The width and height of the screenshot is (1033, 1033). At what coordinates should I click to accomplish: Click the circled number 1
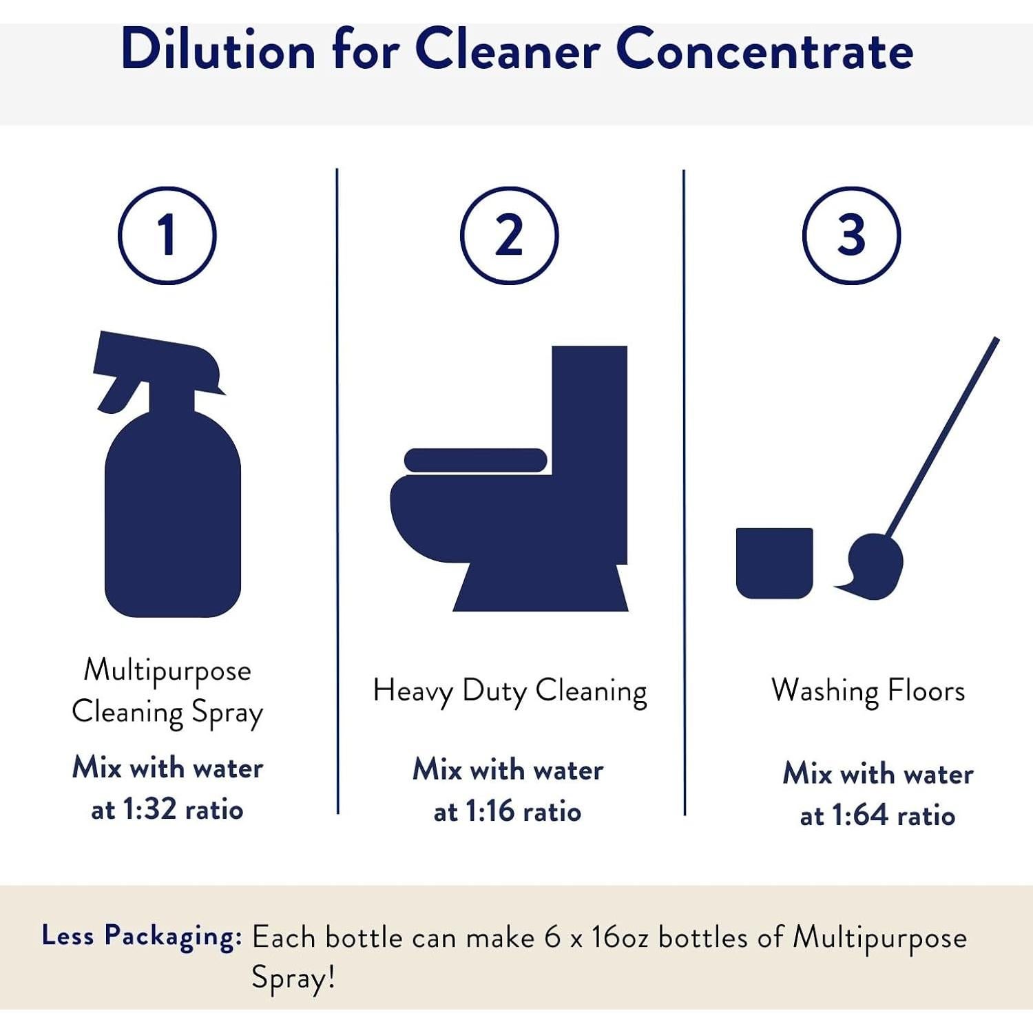[x=167, y=236]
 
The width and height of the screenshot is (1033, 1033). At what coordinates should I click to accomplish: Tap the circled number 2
[x=509, y=236]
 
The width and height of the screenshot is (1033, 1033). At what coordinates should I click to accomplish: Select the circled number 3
[x=851, y=236]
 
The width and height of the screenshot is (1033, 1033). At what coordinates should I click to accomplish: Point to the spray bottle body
[x=172, y=523]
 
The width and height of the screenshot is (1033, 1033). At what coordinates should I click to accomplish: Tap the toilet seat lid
[x=475, y=460]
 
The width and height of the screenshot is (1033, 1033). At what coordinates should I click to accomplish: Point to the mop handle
[x=943, y=434]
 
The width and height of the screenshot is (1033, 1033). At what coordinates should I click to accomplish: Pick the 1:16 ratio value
[x=490, y=812]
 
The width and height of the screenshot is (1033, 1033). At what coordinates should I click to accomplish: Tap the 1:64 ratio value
[x=859, y=816]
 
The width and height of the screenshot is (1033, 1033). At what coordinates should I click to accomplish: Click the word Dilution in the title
[x=218, y=50]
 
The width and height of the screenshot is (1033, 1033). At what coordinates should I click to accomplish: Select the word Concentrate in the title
[x=764, y=50]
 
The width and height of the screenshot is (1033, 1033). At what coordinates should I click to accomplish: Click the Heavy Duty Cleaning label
[x=510, y=691]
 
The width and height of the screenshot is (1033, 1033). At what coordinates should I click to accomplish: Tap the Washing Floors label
[x=868, y=691]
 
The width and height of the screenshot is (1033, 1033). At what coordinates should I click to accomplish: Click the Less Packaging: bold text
[x=142, y=937]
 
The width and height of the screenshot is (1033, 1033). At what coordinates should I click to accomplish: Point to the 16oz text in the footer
[x=620, y=938]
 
